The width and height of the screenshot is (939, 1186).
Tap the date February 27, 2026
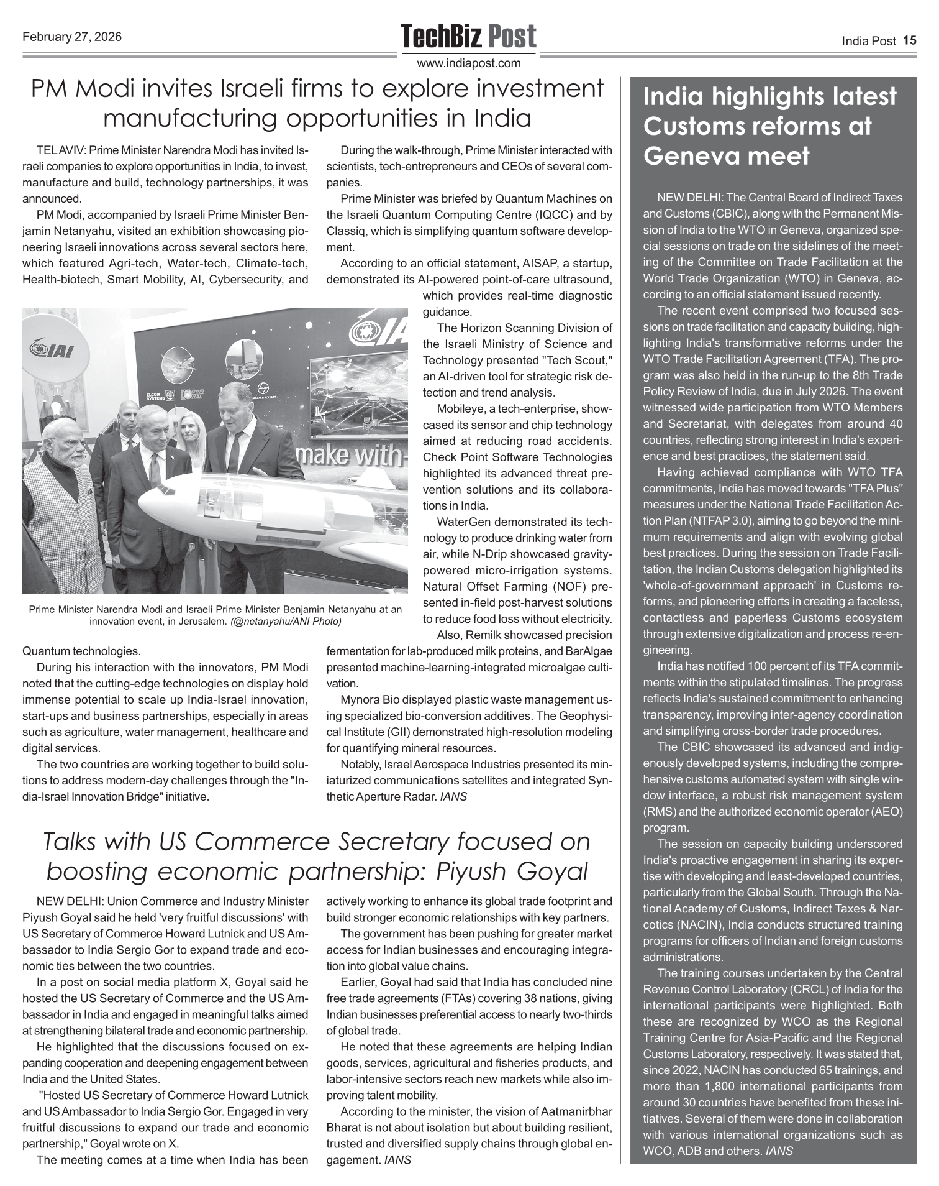click(72, 37)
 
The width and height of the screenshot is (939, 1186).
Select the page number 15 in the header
click(909, 41)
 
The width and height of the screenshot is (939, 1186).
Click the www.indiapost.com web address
click(468, 63)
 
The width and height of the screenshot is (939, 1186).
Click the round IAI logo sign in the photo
click(52, 351)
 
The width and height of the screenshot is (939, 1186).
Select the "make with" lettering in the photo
click(352, 456)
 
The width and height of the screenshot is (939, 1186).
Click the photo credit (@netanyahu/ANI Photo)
click(286, 621)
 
